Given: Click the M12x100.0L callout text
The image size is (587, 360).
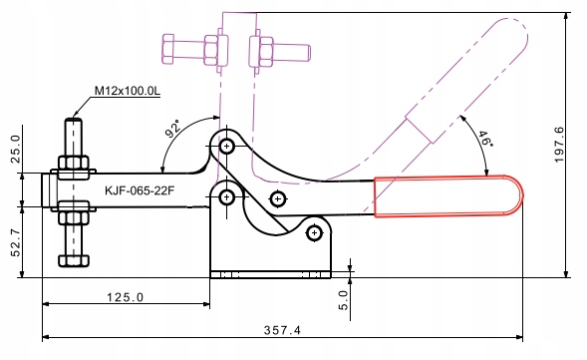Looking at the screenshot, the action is pos(127,91).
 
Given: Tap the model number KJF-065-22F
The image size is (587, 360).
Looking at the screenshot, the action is pos(140,190).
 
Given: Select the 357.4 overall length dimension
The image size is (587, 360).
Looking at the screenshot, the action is pos(282,330).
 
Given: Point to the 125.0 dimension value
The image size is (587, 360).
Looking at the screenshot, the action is pos(125,297).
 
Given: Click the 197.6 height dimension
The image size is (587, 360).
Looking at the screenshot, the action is pos(559,145).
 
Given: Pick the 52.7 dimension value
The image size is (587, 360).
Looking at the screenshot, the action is pos(16,243).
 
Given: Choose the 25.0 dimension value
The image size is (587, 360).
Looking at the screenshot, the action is pos(16,150).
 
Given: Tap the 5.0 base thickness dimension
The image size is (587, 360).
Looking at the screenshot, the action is pos(343,300).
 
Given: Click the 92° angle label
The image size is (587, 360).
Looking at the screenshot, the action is pos(173,128).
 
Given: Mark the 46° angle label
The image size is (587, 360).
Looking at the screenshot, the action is pos(485,139).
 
